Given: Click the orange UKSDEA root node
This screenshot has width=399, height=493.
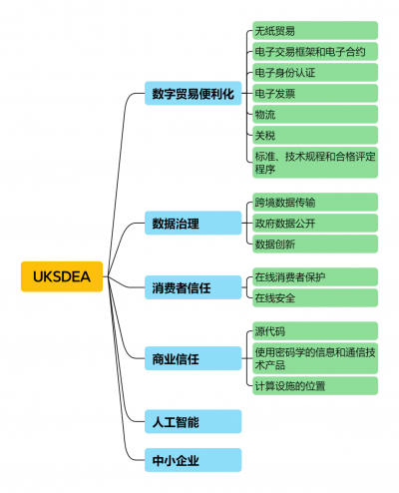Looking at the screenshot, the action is coord(62,276).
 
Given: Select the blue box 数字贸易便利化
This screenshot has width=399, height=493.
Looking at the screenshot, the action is coord(193,93).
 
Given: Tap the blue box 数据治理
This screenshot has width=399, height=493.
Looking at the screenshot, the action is coord(193,223).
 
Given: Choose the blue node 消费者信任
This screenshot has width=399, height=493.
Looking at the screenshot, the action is coord(193,287).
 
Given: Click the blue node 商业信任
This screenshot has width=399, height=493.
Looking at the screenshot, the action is coord(193,358).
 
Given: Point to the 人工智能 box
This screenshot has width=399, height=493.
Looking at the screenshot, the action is coord(193,421).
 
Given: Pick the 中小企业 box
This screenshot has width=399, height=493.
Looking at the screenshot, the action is coord(193,460).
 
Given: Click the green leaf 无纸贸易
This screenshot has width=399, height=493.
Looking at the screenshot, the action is coord(315,31).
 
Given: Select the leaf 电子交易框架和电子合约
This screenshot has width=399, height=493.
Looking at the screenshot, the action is coord(315,52).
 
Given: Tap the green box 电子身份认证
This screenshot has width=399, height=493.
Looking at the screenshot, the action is coord(315,73).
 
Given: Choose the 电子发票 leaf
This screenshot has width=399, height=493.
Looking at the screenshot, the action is coord(315,94).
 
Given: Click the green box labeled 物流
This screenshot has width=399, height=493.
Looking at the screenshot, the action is coord(315,115).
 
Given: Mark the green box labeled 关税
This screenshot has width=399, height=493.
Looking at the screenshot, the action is coord(315,135).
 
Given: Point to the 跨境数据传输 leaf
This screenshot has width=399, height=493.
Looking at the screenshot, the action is coord(315,203).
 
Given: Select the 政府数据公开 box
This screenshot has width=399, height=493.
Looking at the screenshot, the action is coord(315,223).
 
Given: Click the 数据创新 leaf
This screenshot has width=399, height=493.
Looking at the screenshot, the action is coord(315,244).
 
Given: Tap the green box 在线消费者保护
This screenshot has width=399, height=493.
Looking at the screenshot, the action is coord(315,276).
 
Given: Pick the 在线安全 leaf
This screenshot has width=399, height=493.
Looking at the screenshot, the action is coord(315,297).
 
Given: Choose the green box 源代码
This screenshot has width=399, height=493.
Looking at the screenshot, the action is coord(315,331).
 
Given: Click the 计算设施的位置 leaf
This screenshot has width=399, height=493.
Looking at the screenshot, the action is coord(315,386).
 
